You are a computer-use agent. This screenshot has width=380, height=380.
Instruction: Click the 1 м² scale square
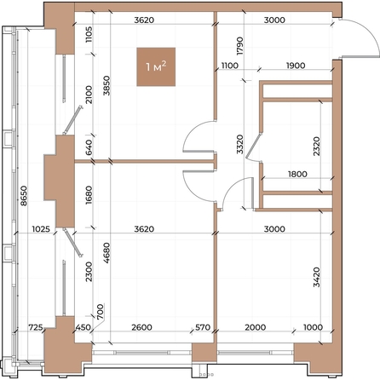[156, 66]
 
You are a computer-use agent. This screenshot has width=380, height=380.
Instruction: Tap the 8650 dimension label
[24, 196]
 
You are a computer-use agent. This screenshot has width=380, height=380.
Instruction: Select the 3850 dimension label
[107, 85]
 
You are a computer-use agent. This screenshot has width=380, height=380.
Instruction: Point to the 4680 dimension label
[107, 252]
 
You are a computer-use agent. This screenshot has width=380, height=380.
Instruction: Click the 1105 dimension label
[89, 34]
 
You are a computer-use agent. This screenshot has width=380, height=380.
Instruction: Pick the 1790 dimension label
[240, 45]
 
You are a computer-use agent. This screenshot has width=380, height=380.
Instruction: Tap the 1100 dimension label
[229, 66]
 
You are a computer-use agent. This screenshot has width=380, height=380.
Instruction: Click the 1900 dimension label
[296, 66]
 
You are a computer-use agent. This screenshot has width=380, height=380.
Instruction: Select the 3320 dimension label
[240, 144]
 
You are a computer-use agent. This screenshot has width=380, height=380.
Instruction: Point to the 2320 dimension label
[316, 147]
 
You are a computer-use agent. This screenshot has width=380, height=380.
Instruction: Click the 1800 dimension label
[297, 174]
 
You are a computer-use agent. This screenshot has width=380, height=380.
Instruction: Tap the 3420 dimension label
[316, 277]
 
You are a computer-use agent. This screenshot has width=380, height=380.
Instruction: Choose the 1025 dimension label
[41, 229]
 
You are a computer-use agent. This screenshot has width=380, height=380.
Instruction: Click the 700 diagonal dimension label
[101, 312]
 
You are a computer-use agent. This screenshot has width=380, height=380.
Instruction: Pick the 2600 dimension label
[141, 327]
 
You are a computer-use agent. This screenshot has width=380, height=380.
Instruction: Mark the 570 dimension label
[203, 327]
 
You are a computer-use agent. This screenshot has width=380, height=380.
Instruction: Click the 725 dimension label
[36, 327]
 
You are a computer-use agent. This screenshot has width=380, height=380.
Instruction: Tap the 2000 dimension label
[256, 327]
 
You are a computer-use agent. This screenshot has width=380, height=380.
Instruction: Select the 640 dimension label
[89, 147]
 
